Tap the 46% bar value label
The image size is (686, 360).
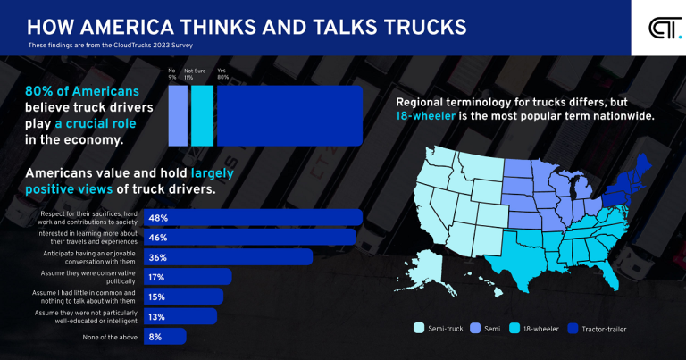click(182, 237)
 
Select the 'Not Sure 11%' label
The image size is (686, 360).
click(196, 73)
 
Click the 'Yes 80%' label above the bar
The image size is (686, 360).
click(222, 73)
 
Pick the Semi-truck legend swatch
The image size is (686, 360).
click(418, 329)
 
